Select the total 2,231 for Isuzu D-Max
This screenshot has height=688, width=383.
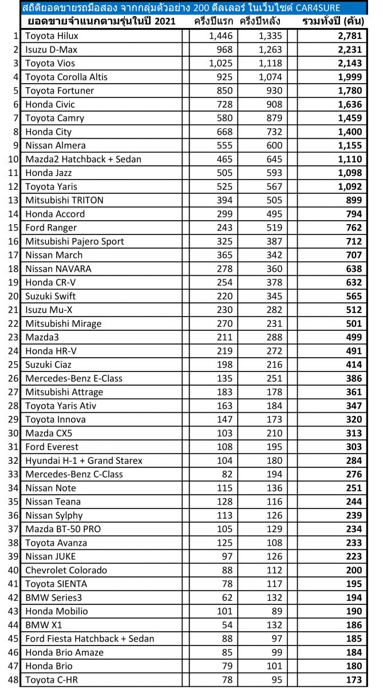pos(349,49)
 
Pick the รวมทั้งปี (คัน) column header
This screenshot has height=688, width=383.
pos(332,22)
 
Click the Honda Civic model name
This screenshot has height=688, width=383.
pos(50,104)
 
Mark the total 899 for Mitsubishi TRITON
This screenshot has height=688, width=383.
pos(354,200)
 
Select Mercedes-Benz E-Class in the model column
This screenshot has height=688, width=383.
pos(74,378)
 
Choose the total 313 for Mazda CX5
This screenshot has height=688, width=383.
pos(354,433)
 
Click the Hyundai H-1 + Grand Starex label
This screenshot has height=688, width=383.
pos(84,460)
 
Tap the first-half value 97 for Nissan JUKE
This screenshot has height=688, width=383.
pos(227,556)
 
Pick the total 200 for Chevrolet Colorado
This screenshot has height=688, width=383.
pos(354,570)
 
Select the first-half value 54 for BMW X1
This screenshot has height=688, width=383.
pos(227,625)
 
